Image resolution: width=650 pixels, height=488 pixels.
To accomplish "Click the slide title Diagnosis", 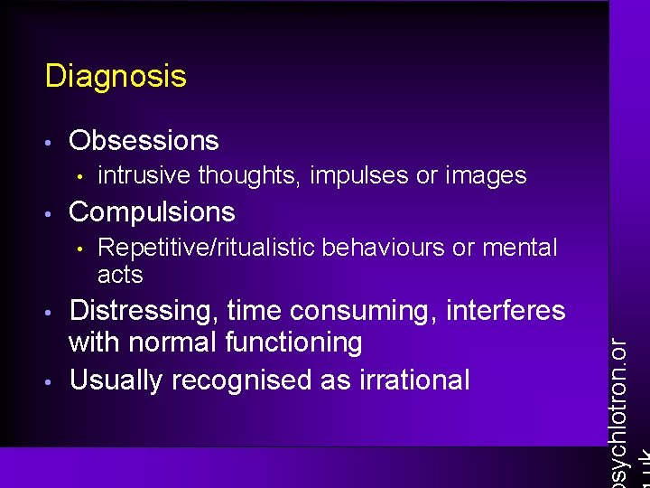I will tap(116, 76).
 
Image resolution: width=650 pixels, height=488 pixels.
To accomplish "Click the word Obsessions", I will tap(144, 141).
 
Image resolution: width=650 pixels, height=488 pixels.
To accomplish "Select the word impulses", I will tap(359, 175).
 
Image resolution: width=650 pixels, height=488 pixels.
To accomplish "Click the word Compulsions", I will tap(152, 212).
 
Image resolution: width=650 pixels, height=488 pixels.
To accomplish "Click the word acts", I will tap(120, 274).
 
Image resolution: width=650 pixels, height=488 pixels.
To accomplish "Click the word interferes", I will tap(505, 312).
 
